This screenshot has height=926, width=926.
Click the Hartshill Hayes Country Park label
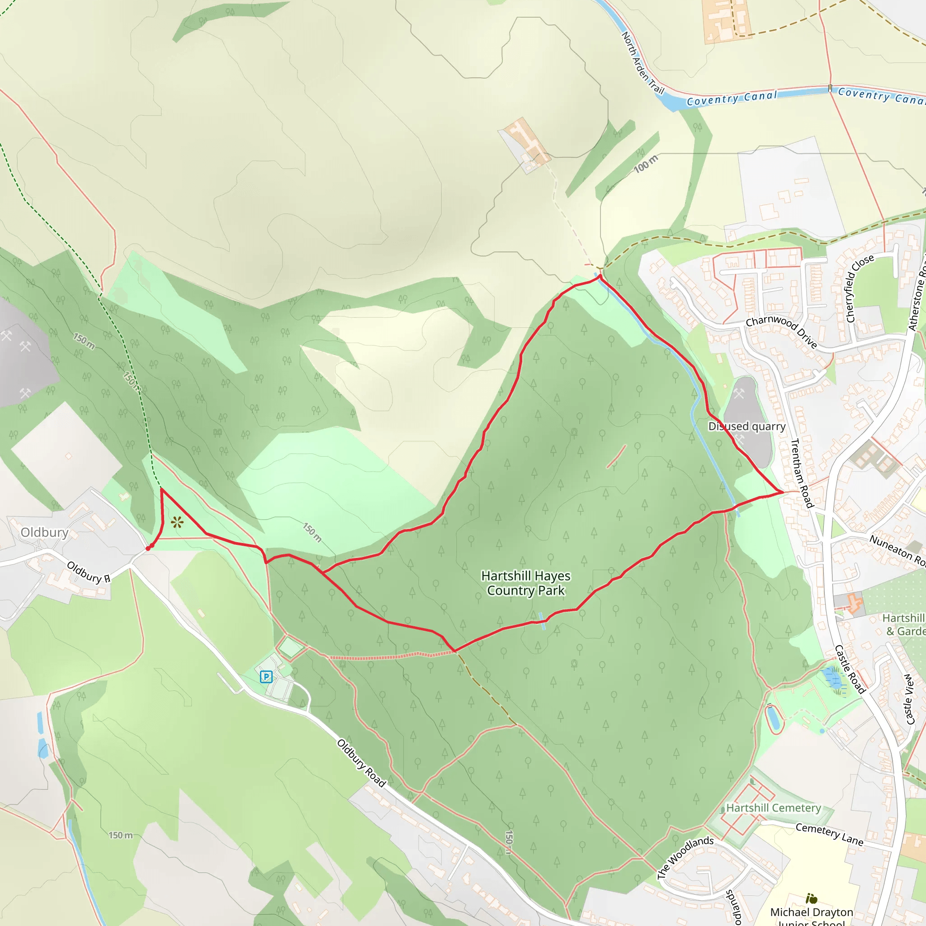pos(526,583)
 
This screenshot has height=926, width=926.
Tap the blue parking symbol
pos(266,677)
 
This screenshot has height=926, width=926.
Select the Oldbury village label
pos(45,533)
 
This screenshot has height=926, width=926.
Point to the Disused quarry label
pos(747,426)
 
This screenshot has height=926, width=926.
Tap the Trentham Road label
pos(801,473)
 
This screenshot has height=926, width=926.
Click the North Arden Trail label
pos(642,63)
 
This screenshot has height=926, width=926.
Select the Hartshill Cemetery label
pos(773,808)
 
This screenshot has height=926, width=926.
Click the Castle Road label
pos(850,669)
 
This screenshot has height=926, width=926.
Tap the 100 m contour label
pos(646,164)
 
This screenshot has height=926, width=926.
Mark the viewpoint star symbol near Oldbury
pos(177,522)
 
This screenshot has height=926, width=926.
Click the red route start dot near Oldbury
pos(148,548)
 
